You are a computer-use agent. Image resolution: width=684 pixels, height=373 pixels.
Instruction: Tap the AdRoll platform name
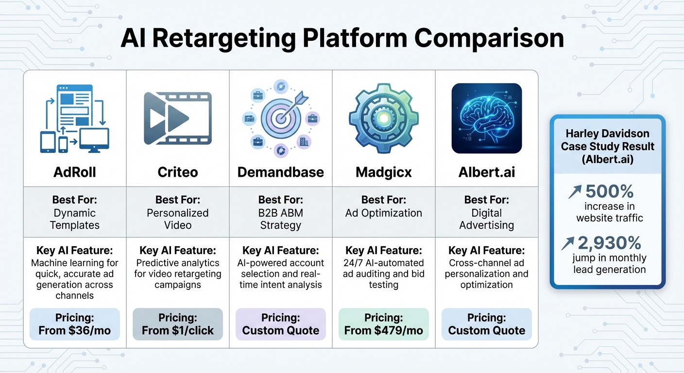pyautogui.click(x=75, y=172)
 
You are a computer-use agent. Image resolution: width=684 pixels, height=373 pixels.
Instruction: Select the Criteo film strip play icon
pyautogui.click(x=178, y=118)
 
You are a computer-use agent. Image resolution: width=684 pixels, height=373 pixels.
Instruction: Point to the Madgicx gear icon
pyautogui.click(x=384, y=118)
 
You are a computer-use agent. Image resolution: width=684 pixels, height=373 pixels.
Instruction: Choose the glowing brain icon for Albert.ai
pyautogui.click(x=486, y=119)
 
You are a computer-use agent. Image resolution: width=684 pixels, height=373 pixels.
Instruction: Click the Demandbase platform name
pyautogui.click(x=281, y=172)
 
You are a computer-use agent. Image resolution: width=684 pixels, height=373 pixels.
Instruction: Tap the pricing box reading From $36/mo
pyautogui.click(x=75, y=324)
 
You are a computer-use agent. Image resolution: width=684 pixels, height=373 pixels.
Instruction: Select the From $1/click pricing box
pyautogui.click(x=178, y=324)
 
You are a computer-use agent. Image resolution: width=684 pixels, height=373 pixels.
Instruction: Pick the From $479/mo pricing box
pyautogui.click(x=384, y=324)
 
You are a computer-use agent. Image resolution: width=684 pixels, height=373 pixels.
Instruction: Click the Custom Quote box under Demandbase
pyautogui.click(x=281, y=324)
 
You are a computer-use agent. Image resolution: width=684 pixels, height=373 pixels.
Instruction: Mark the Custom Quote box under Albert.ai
pyautogui.click(x=486, y=324)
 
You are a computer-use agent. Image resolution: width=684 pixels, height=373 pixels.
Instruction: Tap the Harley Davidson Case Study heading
pyautogui.click(x=607, y=146)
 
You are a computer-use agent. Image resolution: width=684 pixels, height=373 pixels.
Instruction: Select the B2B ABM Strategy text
pyautogui.click(x=281, y=219)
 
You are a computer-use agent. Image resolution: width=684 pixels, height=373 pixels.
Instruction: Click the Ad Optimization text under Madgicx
pyautogui.click(x=384, y=213)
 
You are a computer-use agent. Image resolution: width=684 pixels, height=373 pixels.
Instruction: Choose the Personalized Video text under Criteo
pyautogui.click(x=178, y=219)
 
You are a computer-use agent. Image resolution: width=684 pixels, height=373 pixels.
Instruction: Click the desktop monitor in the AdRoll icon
pyautogui.click(x=94, y=139)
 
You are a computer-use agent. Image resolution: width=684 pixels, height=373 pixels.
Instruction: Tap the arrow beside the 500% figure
pyautogui.click(x=575, y=192)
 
